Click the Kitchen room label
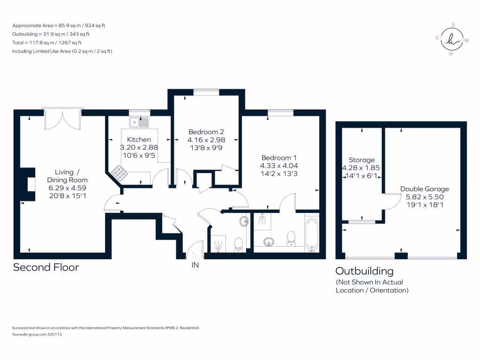click(139, 139)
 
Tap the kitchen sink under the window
click(140, 122)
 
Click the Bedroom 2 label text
click(206, 132)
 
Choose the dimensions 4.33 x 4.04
click(279, 165)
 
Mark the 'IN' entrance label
click(194, 265)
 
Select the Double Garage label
click(424, 189)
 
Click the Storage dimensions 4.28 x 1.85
click(361, 168)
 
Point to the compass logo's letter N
click(451, 54)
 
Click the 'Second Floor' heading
click(46, 267)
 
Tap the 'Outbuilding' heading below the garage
click(364, 271)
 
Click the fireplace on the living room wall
click(28, 185)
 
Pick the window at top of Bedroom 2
click(206, 92)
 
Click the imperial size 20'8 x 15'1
click(67, 196)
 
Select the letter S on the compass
click(453, 25)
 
